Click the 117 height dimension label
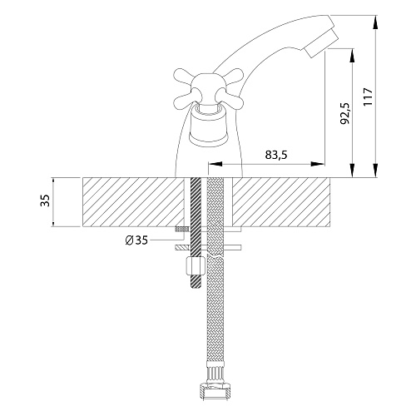[368, 97]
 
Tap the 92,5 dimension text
[344, 113]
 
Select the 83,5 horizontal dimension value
[276, 155]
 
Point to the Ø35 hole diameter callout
[136, 240]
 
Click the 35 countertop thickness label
[45, 201]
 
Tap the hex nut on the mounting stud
[196, 265]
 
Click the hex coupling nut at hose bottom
[215, 392]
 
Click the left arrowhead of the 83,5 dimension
[215, 164]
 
